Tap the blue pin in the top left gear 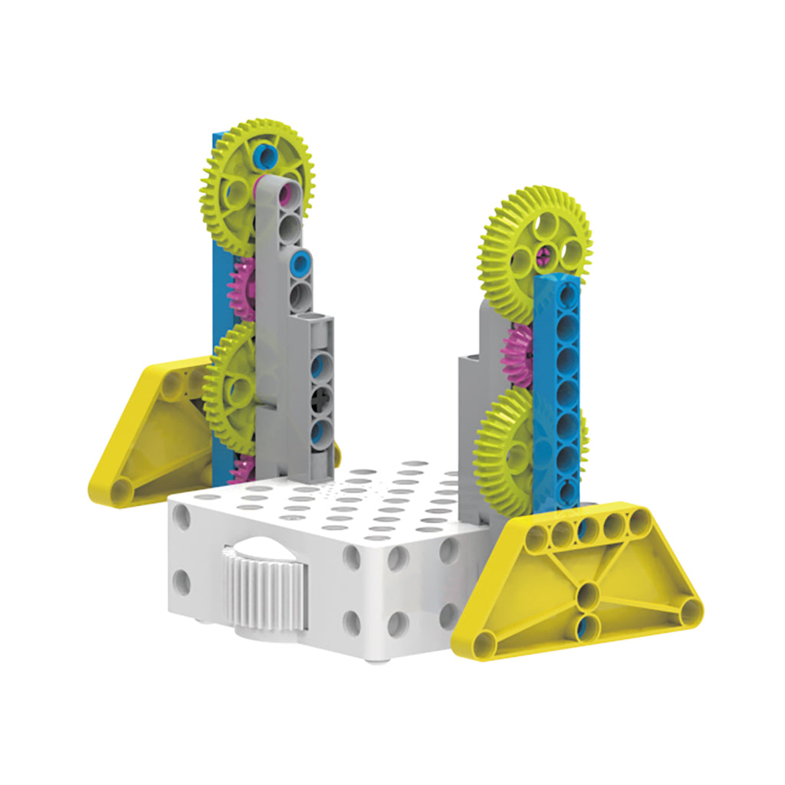tap(266, 156)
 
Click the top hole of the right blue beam tap(568, 291)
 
